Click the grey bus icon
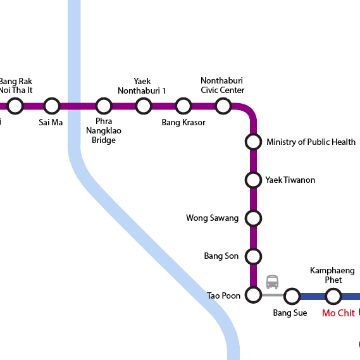(272, 282)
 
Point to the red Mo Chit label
(338, 313)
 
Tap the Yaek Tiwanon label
(290, 180)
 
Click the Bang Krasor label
(183, 122)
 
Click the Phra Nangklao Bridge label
(104, 130)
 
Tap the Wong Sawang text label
(213, 218)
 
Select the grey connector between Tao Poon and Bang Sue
(273, 295)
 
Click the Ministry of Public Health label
(311, 142)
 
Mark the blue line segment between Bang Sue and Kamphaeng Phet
(313, 296)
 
